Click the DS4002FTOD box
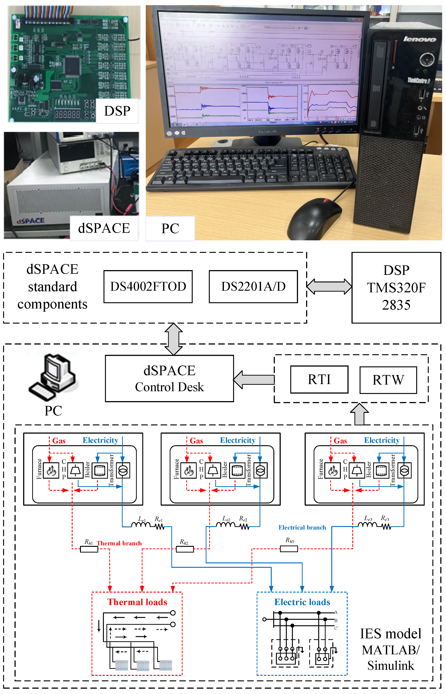[148, 286]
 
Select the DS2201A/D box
[253, 286]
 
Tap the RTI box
[319, 379]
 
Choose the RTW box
[388, 380]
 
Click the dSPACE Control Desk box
[170, 379]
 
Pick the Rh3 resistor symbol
[289, 548]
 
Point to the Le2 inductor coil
[226, 525]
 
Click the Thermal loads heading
[137, 602]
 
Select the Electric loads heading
[302, 602]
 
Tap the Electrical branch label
[302, 527]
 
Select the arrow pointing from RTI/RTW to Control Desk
[254, 379]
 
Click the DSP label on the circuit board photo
[117, 111]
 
